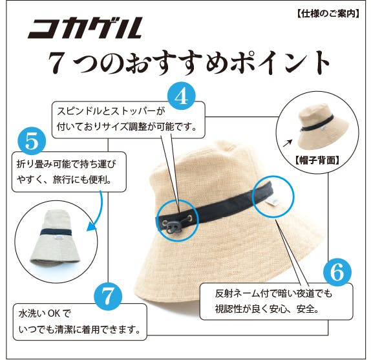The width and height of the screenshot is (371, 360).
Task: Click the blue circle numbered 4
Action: (x=182, y=96)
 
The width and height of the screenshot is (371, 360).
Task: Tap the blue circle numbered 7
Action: (x=109, y=295)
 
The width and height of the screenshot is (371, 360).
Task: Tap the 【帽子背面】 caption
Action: (x=317, y=159)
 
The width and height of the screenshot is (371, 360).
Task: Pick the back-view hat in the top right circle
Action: (x=316, y=123)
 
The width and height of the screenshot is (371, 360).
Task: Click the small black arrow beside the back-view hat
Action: (x=284, y=138)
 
